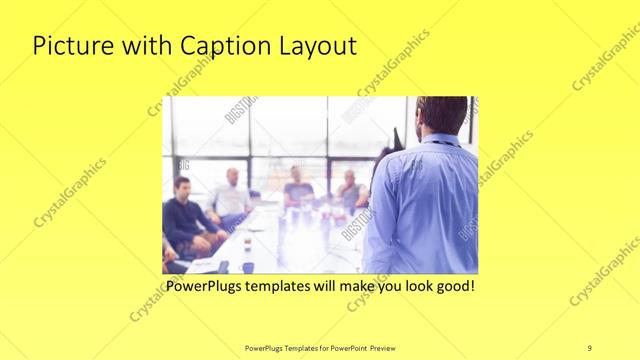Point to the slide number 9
tap(589, 347)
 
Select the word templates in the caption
tap(293, 286)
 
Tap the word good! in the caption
tap(451, 286)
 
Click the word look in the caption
tap(408, 286)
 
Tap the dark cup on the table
tap(246, 241)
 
